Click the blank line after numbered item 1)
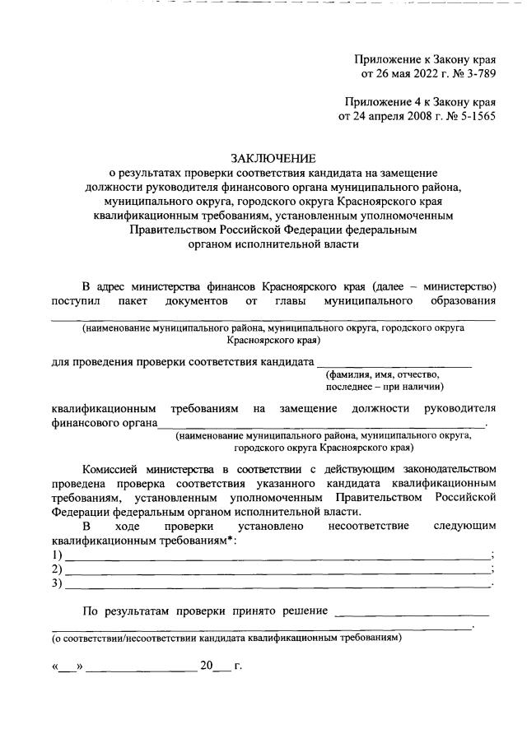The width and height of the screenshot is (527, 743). pyautogui.click(x=276, y=556)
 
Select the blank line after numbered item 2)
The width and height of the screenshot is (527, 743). pyautogui.click(x=276, y=570)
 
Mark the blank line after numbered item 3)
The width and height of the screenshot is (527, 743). pyautogui.click(x=276, y=584)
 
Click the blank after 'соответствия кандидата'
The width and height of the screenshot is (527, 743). pyautogui.click(x=394, y=363)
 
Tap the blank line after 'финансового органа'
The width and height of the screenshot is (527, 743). pyautogui.click(x=321, y=425)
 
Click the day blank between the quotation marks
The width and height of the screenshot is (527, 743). pyautogui.click(x=65, y=667)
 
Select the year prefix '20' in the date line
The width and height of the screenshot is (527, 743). pyautogui.click(x=206, y=666)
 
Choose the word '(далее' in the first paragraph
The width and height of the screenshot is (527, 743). pyautogui.click(x=391, y=289)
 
